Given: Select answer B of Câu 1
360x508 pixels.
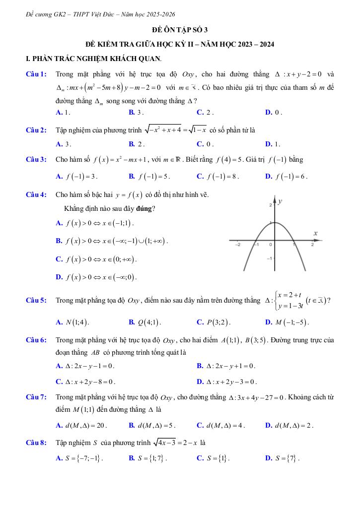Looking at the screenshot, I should tap(136, 112).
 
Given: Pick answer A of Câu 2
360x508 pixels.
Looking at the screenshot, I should tap(64, 144).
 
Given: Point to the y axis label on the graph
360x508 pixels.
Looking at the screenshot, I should tap(280, 201).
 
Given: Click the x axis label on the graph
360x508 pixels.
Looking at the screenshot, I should tap(315, 233).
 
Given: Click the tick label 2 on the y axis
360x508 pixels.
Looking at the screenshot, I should tap(271, 204).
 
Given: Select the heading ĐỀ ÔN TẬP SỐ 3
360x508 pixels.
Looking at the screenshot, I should tap(180, 30).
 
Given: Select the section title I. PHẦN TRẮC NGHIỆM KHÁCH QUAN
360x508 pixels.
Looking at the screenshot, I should tap(94, 59).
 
